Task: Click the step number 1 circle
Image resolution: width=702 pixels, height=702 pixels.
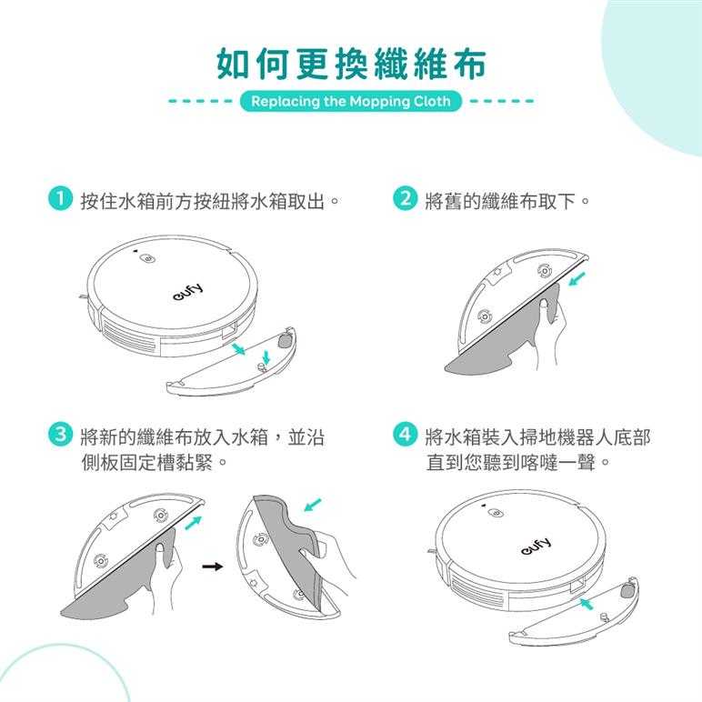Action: (60, 199)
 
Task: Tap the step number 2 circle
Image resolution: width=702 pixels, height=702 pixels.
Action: (405, 199)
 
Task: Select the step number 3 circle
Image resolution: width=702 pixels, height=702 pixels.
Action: (60, 436)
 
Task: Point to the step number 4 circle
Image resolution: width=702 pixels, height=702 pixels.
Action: (405, 436)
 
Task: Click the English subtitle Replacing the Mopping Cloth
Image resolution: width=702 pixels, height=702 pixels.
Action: (351, 101)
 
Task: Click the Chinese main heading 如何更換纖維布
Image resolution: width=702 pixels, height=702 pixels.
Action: (351, 64)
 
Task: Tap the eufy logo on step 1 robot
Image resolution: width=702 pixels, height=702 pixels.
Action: (187, 292)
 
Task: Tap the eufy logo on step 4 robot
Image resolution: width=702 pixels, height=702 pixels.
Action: (536, 547)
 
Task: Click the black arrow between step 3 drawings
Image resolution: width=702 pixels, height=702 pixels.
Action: (212, 567)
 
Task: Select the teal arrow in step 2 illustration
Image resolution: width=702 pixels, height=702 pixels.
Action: (577, 280)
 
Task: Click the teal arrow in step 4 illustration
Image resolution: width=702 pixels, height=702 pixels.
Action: (587, 603)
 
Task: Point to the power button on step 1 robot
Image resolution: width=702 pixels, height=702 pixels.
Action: (147, 259)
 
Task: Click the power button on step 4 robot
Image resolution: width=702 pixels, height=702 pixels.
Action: (496, 513)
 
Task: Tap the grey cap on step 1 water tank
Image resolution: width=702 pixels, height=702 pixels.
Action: (285, 341)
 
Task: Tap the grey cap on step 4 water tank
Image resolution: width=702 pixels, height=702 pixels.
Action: (627, 591)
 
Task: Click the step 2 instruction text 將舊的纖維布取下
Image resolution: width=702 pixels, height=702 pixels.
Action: (499, 201)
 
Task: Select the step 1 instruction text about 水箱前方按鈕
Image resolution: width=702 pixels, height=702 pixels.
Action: (203, 201)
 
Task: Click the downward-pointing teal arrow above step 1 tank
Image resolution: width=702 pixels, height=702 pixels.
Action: (266, 356)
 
